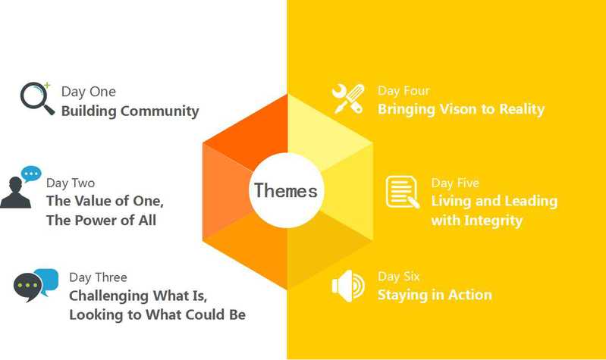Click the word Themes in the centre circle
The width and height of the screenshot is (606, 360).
point(286,190)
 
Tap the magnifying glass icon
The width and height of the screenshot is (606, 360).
point(36,98)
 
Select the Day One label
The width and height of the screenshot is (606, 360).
point(89,92)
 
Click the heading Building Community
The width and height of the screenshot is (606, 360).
point(130,111)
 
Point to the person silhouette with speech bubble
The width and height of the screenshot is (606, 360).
point(20,187)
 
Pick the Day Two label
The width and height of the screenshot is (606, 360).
point(71,183)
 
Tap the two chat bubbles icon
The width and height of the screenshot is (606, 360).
point(36,285)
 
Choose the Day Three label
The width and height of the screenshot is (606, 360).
point(98,277)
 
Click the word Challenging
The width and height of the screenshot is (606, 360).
point(109,296)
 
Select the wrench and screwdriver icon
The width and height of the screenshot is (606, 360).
point(348,99)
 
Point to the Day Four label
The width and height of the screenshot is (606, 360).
point(403,91)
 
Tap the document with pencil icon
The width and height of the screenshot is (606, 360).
point(402,192)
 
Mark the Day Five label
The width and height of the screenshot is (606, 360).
point(455,183)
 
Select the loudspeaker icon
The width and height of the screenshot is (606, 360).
point(348,286)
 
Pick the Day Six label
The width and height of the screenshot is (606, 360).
point(398,277)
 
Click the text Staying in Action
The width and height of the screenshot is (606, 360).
point(435,295)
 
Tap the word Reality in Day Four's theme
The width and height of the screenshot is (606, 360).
point(522,109)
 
